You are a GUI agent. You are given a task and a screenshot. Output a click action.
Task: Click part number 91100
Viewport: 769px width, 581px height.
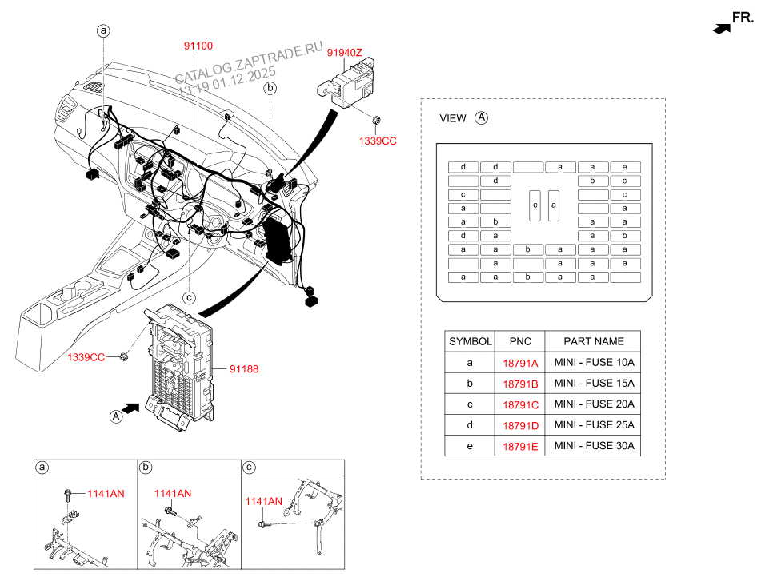pos(198,46)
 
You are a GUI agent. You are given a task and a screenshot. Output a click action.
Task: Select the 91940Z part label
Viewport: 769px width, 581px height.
pos(345,53)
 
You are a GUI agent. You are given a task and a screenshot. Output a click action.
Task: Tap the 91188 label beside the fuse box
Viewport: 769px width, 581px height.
pos(244,369)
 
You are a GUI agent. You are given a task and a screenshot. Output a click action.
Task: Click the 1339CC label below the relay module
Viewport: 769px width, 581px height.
pos(378,141)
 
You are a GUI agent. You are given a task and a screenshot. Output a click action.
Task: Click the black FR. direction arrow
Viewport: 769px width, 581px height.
pos(723,28)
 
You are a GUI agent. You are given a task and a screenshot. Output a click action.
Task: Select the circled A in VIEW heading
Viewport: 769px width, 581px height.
pos(481,117)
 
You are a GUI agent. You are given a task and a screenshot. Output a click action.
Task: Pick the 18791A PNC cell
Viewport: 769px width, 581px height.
pos(520,363)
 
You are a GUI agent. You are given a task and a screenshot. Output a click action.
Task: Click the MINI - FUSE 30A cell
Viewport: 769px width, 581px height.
pos(594,446)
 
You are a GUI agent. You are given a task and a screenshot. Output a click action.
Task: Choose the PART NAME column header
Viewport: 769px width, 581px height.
pos(593,341)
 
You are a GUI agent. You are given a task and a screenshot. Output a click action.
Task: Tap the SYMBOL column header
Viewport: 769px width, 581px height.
pos(470,341)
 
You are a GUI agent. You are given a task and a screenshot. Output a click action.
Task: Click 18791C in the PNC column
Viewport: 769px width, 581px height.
pos(520,404)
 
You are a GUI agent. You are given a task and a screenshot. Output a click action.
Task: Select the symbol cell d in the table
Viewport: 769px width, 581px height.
pos(470,425)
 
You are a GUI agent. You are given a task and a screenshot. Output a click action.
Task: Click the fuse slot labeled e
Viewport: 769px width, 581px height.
pos(625,167)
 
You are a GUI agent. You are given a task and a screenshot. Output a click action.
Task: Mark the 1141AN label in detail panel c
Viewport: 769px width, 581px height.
pos(264,502)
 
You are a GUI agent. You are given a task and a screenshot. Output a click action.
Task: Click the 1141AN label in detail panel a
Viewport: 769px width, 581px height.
pos(106,494)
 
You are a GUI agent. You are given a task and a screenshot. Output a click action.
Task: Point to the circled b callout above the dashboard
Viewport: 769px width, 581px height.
pos(270,88)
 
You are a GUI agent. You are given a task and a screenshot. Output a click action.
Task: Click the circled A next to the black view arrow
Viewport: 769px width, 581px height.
pos(116,416)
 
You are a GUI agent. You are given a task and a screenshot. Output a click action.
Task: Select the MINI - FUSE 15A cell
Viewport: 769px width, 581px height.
pos(594,384)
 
